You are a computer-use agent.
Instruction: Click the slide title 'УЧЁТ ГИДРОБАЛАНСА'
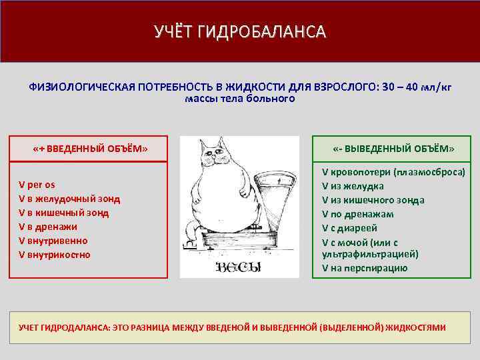point(239,32)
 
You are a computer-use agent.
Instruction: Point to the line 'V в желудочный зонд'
point(69,198)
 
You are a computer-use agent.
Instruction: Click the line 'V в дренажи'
point(49,227)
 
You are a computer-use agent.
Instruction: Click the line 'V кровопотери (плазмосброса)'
point(393,171)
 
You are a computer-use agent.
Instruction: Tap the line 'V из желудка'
point(353,186)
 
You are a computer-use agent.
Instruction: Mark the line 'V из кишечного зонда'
point(373,200)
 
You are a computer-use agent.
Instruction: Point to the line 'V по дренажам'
point(357,214)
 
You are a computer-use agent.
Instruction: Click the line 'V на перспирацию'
point(365,269)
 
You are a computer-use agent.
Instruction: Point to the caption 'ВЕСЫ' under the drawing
point(238,268)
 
